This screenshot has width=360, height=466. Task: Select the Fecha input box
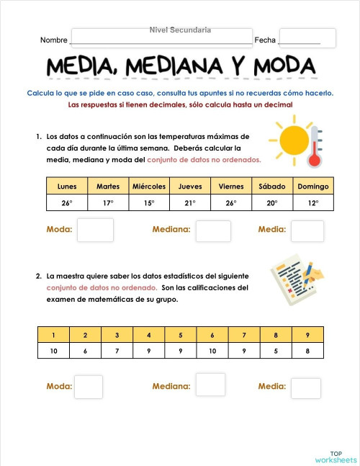point(307,38)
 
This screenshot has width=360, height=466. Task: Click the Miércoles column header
point(149,186)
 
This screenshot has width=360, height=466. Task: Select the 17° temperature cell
point(108,203)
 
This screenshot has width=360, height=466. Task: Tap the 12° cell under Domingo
point(313,203)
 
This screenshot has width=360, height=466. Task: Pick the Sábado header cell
point(272,186)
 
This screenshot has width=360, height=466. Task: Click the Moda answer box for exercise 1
point(95,230)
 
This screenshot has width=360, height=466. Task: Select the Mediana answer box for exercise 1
point(213,230)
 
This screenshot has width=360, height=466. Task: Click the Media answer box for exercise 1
point(307,230)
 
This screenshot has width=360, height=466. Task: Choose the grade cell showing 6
point(85,351)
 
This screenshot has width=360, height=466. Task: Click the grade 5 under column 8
point(276,351)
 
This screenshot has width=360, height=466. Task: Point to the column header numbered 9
point(308,335)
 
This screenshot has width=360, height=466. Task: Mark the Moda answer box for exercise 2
point(89,387)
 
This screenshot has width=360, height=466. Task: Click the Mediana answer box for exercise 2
point(210,385)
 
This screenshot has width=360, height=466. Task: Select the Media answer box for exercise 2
point(305,388)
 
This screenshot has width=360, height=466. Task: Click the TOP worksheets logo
point(335,456)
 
